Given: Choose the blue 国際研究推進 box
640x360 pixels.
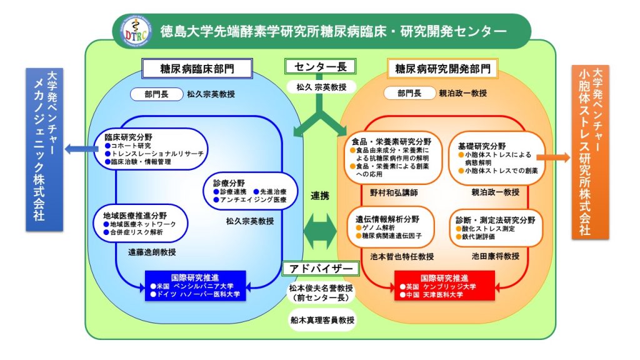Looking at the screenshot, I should (x=195, y=285).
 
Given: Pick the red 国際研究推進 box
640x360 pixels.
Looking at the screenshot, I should (x=444, y=285).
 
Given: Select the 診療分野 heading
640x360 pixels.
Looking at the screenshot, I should (x=229, y=182).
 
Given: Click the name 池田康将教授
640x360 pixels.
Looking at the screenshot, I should (x=496, y=256).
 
